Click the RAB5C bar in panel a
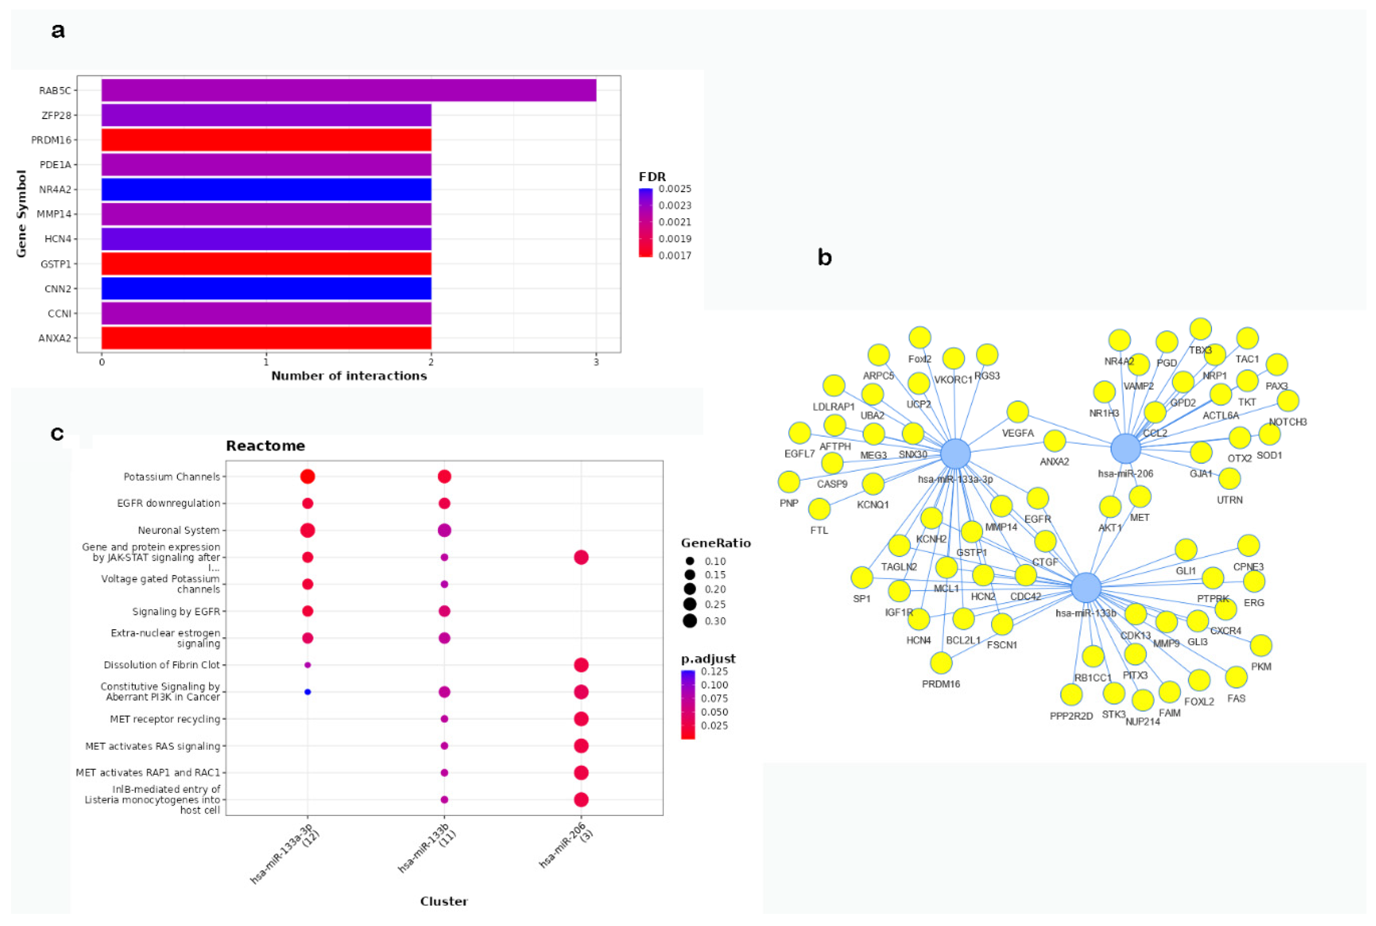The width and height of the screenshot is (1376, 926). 349,90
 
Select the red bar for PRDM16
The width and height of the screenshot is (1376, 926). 266,140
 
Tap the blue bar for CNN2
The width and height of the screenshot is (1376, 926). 266,289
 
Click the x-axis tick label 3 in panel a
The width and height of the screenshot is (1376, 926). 596,362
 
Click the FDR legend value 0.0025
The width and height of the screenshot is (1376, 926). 675,189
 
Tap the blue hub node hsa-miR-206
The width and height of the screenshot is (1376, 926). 1126,448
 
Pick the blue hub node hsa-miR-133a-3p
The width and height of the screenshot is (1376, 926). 955,453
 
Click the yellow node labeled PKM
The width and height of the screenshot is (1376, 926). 1261,646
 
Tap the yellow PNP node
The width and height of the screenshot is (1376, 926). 789,482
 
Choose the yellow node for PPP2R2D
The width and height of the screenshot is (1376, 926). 1071,694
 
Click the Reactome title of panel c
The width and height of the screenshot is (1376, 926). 265,446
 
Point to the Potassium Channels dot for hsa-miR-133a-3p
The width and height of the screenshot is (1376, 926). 307,477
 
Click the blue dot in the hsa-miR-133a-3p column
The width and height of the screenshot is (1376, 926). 307,692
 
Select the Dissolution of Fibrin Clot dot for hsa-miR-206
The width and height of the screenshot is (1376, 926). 581,665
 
